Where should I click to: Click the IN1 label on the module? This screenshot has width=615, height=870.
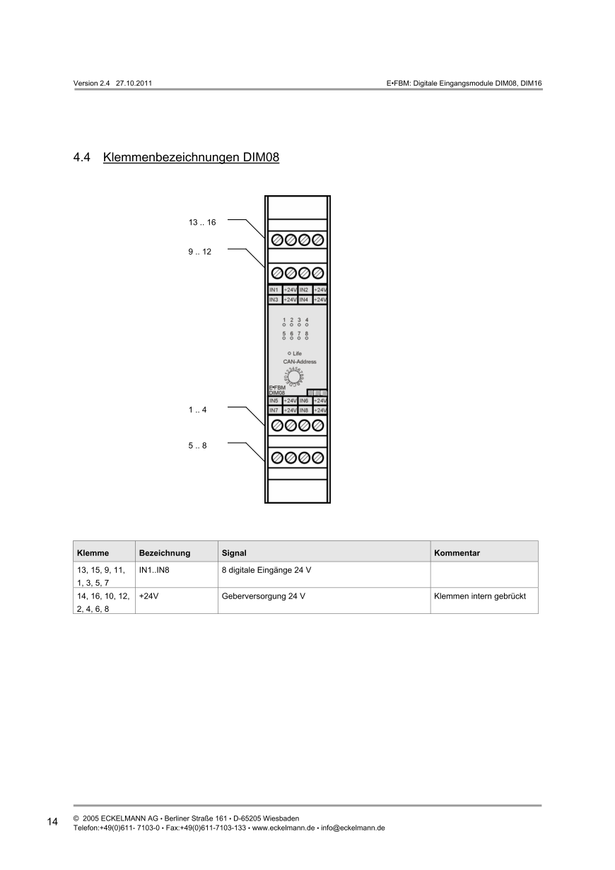click(274, 290)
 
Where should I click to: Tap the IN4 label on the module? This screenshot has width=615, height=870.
click(305, 300)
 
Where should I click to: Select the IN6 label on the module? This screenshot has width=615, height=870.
click(305, 401)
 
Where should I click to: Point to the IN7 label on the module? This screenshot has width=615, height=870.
click(274, 410)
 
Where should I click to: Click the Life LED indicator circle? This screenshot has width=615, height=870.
click(289, 353)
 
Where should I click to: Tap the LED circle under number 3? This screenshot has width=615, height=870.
click(299, 325)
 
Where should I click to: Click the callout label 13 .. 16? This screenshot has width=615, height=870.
click(201, 222)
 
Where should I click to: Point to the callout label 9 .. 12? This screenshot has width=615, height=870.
click(199, 251)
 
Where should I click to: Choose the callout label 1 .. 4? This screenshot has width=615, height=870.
click(197, 410)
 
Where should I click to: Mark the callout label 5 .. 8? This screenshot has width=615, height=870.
click(197, 446)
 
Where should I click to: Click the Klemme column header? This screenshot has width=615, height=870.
click(93, 553)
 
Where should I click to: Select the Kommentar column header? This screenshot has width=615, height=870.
click(457, 553)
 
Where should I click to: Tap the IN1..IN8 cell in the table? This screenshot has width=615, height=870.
click(154, 569)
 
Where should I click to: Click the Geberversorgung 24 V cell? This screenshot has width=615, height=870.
click(263, 596)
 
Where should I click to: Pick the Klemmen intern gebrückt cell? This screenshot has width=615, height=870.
click(480, 596)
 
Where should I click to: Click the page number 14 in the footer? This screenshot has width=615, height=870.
click(52, 822)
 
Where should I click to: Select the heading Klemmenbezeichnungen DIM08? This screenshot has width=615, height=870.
click(191, 157)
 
